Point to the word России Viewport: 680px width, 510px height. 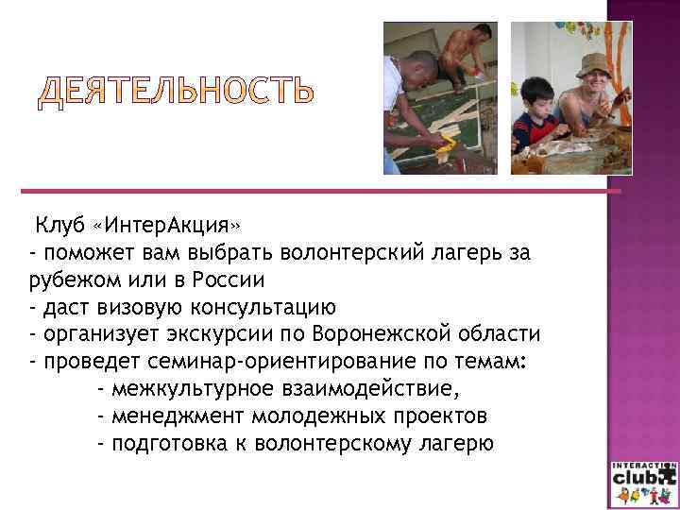tap(228, 280)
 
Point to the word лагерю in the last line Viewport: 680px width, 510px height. tap(458, 443)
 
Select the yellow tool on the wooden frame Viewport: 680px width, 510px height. tap(444, 144)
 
